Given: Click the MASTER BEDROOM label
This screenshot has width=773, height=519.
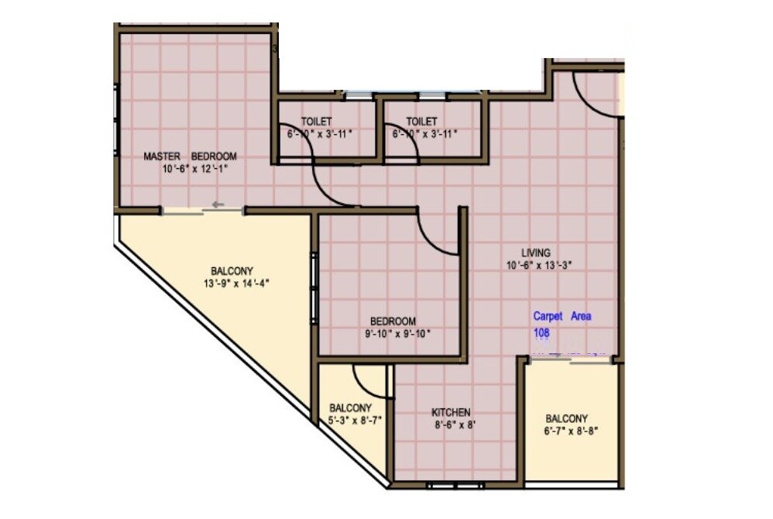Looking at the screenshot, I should pos(190,156).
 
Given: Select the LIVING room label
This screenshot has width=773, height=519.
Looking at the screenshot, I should pos(535,253).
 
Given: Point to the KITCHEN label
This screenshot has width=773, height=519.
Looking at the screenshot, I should pos(451,412).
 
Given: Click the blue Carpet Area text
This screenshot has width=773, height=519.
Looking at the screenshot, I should pos(562,316).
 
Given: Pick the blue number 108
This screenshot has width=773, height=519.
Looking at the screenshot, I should pos(541,332).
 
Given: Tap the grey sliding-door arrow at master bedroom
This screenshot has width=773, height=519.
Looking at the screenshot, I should pos(218,205).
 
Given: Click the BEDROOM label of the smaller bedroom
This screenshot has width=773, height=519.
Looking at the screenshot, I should pos(393,321).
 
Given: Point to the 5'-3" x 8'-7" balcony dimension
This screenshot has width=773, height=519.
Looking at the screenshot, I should pos(351,421).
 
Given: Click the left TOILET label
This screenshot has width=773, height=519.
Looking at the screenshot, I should pos(316,122).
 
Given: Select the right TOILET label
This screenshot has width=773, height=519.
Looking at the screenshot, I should pos(421,122).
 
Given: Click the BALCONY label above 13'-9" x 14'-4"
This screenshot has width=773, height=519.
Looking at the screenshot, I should pos(232,271).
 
